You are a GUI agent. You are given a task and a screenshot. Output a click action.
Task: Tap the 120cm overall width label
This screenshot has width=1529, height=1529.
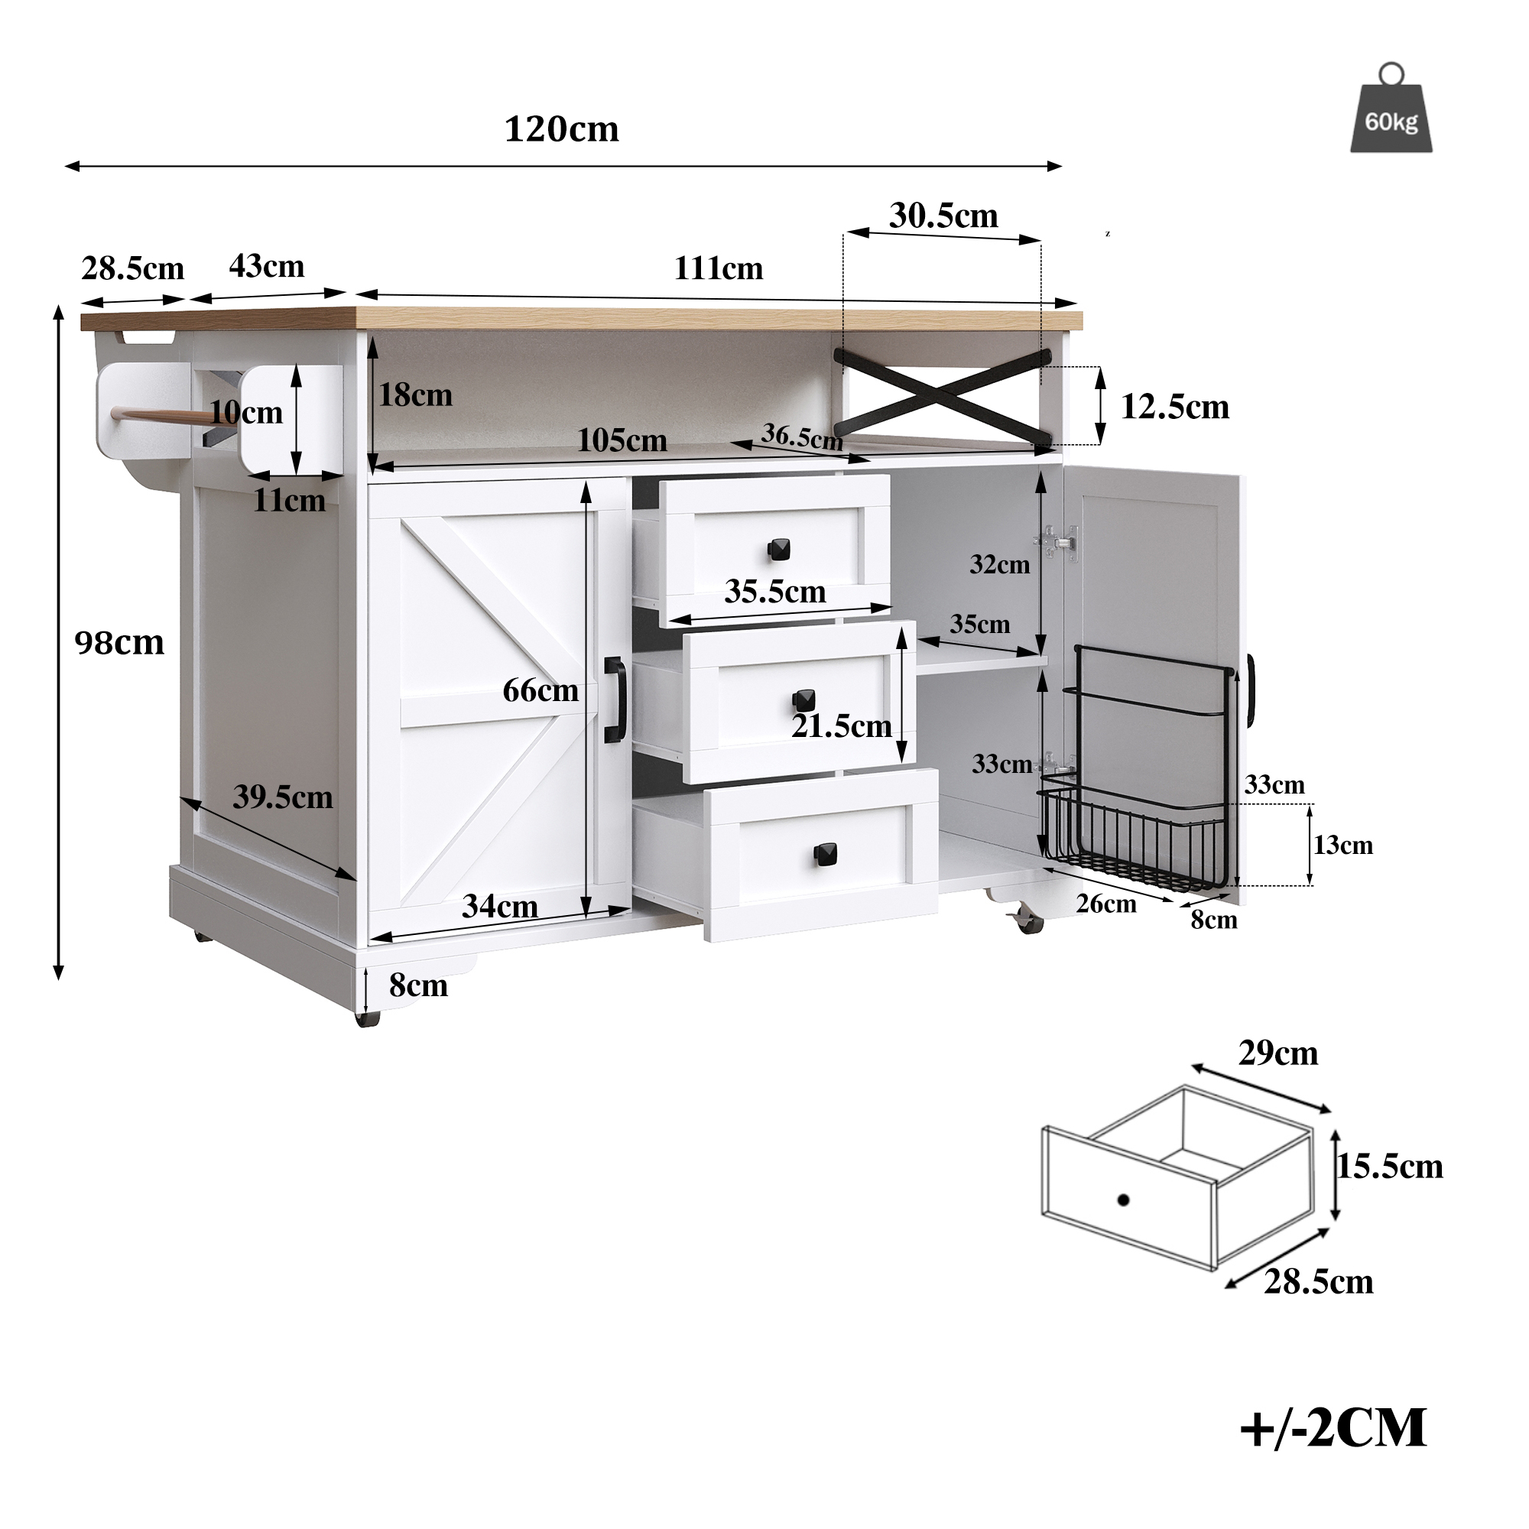coord(561,129)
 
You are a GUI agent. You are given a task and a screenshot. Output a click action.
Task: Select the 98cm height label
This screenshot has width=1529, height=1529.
coord(119,643)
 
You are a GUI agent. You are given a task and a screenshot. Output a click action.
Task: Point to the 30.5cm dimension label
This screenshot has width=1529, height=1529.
coord(943,216)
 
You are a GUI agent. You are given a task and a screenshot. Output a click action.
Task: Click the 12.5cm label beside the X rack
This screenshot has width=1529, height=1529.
coord(1174,407)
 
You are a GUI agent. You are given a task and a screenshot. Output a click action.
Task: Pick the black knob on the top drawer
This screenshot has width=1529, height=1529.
coord(778,548)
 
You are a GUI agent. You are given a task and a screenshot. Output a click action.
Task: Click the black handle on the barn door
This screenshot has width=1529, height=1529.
coord(614,700)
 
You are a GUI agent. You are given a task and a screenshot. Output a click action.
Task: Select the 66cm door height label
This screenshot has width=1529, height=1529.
coord(541,691)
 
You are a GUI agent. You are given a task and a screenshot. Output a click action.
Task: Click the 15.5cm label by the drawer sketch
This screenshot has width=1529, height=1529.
coord(1390,1167)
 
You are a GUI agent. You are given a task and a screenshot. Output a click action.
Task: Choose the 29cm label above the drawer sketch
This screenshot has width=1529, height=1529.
coord(1278,1053)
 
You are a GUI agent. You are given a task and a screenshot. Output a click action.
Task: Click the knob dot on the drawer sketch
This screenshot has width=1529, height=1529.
coord(1122,1200)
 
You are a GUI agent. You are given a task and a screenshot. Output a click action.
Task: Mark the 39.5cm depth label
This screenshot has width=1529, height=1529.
coord(283,797)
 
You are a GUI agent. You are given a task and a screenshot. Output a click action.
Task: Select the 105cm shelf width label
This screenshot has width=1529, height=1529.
coord(622,440)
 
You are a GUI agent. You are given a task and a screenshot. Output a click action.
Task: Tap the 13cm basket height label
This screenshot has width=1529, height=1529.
coord(1343,846)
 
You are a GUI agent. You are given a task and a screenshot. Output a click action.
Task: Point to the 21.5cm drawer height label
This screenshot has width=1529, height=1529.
coord(841,726)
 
